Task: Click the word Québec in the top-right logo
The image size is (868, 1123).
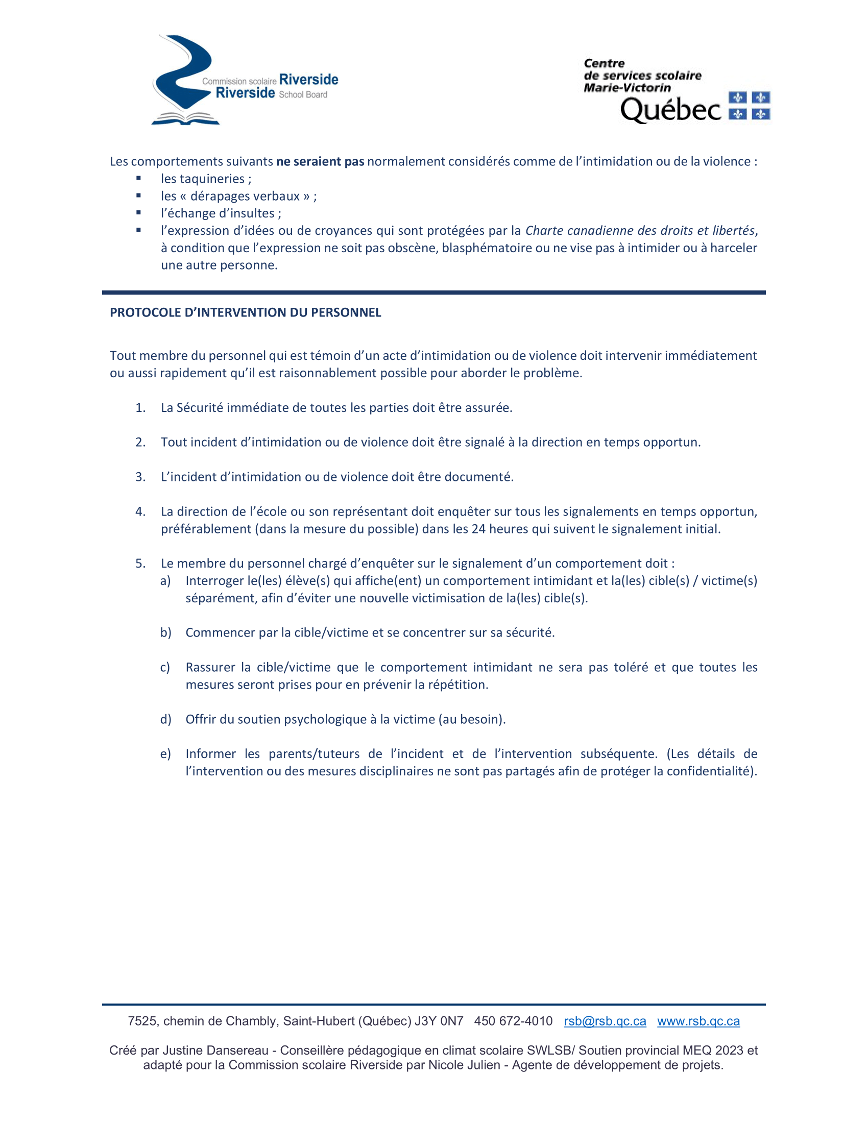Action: coord(670,110)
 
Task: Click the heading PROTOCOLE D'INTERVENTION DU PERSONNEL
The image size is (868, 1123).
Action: coord(245,312)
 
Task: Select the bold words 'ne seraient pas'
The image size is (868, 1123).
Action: coord(320,161)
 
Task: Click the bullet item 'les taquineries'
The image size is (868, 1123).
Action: coord(206,179)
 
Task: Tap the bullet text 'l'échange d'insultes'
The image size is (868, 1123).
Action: coord(221,213)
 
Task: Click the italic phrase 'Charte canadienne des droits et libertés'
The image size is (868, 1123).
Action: coord(640,230)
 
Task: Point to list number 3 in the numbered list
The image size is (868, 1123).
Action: coord(140,477)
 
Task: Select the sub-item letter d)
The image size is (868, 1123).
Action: coord(165,719)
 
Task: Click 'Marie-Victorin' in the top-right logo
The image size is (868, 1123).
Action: coord(627,87)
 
